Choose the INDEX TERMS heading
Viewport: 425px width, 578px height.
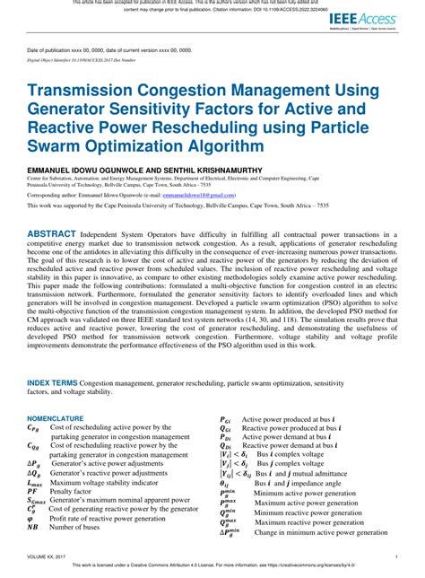click(52, 356)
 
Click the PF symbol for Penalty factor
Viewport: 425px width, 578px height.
click(32, 467)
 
